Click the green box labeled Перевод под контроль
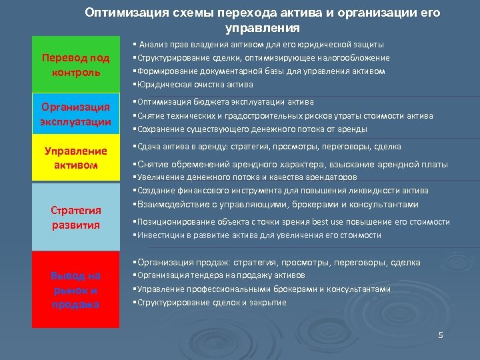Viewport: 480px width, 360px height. (x=75, y=65)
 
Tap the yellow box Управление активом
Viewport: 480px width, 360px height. (x=75, y=157)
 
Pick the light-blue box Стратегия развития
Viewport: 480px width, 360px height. (x=75, y=217)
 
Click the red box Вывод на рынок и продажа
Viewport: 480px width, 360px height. (x=75, y=290)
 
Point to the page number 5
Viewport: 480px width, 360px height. (x=440, y=334)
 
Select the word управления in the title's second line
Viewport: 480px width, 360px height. (x=263, y=29)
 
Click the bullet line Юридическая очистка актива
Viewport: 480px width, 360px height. (x=193, y=85)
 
